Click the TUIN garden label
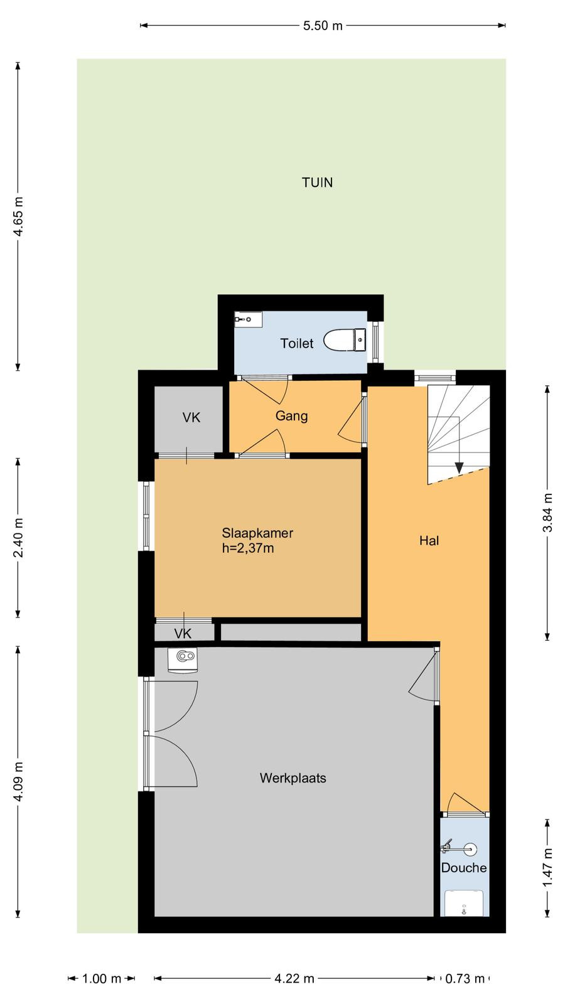(x=317, y=183)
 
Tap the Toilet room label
(x=297, y=343)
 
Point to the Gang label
(x=291, y=416)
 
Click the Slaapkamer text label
(x=257, y=533)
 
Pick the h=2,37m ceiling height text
(x=248, y=548)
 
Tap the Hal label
(x=429, y=540)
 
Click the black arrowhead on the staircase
(x=459, y=467)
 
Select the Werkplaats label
(x=293, y=777)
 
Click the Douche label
(x=464, y=867)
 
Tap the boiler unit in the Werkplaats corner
(x=183, y=660)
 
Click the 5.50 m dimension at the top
(x=323, y=26)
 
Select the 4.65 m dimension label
(x=18, y=216)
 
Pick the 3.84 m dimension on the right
(x=547, y=512)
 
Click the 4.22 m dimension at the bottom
(x=294, y=978)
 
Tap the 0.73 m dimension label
(x=465, y=978)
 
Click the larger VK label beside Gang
(x=191, y=418)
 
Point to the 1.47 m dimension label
(x=547, y=868)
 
